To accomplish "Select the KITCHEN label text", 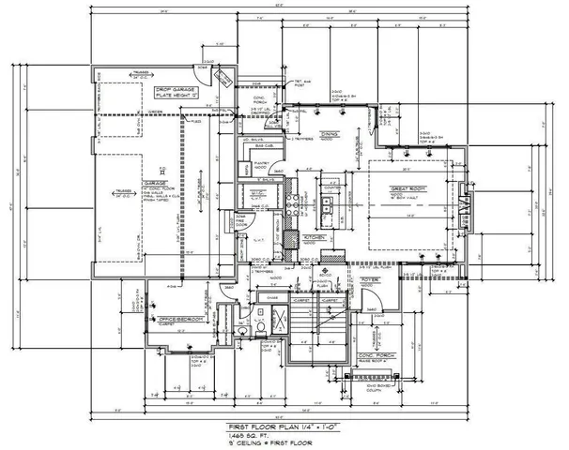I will tap(315, 239).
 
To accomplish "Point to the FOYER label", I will tap(370, 277).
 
